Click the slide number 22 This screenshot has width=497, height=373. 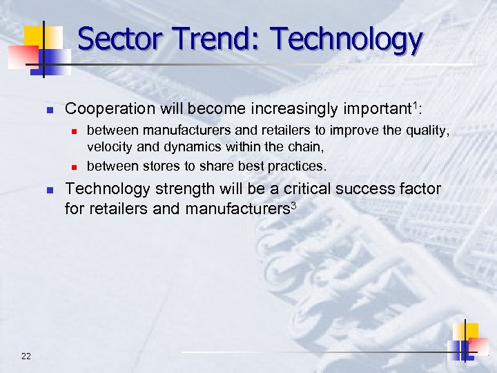pos(26,356)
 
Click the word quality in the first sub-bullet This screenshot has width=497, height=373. pos(427,131)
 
